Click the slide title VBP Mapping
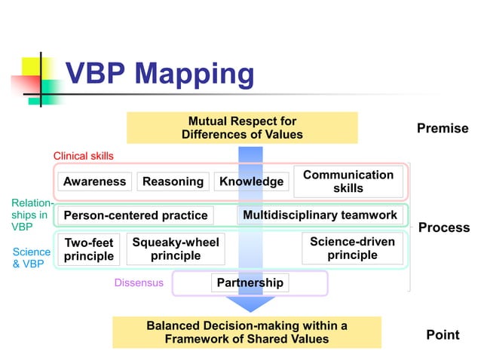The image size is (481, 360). click(x=159, y=74)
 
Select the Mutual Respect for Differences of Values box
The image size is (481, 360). click(x=242, y=127)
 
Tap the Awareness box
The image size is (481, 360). click(x=94, y=182)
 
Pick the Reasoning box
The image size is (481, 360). click(x=173, y=182)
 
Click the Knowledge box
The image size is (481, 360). click(x=251, y=182)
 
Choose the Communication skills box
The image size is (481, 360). click(x=348, y=181)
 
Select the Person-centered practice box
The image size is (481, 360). click(x=135, y=215)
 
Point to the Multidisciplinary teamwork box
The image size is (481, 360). click(x=320, y=215)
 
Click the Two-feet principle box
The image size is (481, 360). click(x=88, y=249)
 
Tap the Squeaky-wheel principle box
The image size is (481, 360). click(x=175, y=249)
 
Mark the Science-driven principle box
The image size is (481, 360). click(x=352, y=249)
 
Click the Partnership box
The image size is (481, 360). click(x=250, y=282)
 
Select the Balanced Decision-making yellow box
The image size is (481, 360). click(x=247, y=332)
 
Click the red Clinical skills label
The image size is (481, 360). click(x=83, y=156)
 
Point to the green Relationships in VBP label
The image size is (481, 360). click(x=32, y=215)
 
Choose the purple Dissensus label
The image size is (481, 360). click(x=138, y=283)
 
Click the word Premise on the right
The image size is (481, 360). click(x=443, y=129)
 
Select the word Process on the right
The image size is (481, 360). click(x=443, y=227)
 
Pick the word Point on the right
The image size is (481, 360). click(x=443, y=334)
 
